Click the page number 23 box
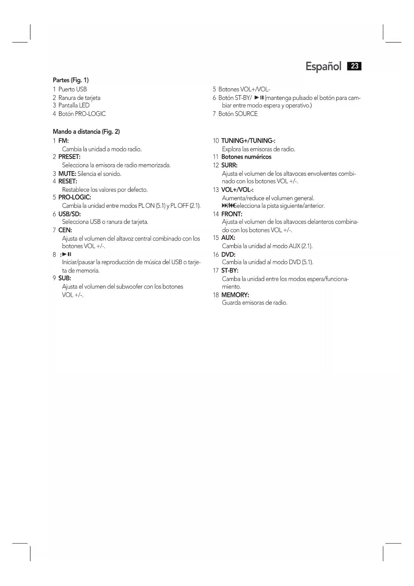click(354, 66)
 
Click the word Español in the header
click(323, 66)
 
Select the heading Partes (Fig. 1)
click(71, 80)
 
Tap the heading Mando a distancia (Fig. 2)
click(86, 132)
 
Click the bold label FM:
click(63, 141)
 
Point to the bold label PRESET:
click(69, 157)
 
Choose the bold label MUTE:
click(67, 174)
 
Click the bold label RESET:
click(68, 181)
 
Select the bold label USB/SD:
click(69, 214)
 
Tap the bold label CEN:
click(65, 230)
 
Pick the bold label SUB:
click(65, 278)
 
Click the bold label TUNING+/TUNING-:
click(248, 141)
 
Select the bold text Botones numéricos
click(246, 157)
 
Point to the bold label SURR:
click(229, 165)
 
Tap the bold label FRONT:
click(232, 214)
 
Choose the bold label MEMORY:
click(235, 295)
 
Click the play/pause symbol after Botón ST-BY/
click(259, 98)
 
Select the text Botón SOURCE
click(238, 114)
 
